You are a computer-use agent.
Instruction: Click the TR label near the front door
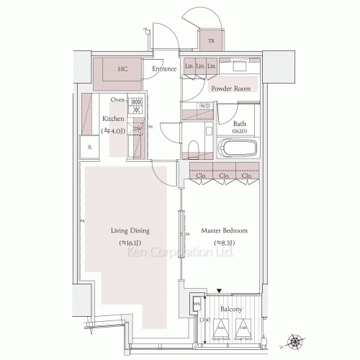click(x=211, y=41)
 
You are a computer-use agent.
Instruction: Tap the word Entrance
click(x=164, y=70)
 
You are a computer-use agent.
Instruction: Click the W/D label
click(x=204, y=106)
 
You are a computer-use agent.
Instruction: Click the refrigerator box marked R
click(x=89, y=147)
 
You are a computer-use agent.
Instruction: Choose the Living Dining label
click(x=130, y=231)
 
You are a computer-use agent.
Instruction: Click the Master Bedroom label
click(x=225, y=231)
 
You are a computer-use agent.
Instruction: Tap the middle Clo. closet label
click(x=224, y=175)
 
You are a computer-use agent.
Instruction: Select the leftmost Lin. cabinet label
click(x=189, y=66)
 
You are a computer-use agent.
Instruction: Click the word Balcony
click(x=232, y=310)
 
